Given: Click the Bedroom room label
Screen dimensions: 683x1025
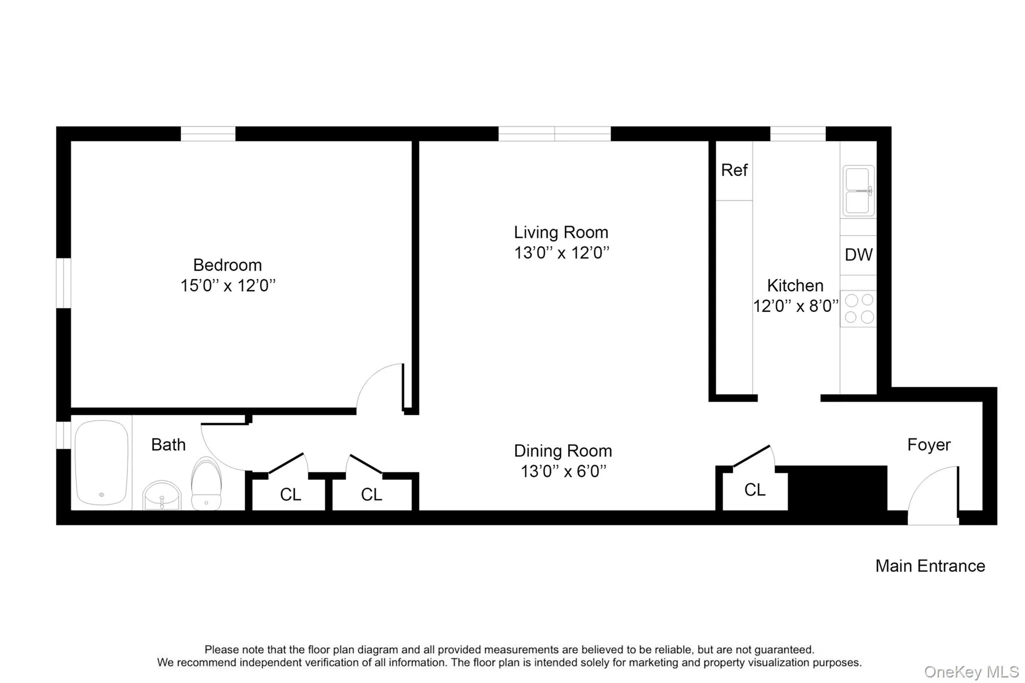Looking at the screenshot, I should click(227, 265).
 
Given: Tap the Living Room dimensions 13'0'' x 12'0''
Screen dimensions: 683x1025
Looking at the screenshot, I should click(562, 253).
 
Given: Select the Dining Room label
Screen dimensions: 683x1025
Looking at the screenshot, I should click(563, 451).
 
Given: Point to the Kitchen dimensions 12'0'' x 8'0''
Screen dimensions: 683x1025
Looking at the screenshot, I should click(795, 306).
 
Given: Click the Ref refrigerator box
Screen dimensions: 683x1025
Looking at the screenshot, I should click(734, 171).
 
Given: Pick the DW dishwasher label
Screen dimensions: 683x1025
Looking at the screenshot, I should click(858, 255).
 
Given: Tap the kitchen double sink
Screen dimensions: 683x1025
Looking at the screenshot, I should click(858, 191).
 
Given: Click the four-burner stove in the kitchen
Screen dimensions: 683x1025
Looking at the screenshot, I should click(858, 308).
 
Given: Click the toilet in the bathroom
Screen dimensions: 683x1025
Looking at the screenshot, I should click(206, 484).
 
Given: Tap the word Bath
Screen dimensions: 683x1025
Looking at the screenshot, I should click(168, 444).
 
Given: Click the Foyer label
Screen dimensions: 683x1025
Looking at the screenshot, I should click(928, 444).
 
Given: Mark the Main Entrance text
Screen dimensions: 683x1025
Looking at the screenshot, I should click(930, 566).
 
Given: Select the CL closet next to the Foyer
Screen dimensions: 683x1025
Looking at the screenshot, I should click(755, 489).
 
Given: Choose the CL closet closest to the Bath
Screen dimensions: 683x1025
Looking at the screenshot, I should click(290, 494).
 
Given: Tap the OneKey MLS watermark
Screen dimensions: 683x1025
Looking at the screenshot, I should click(971, 671).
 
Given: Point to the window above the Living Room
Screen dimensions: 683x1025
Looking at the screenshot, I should click(555, 134).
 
